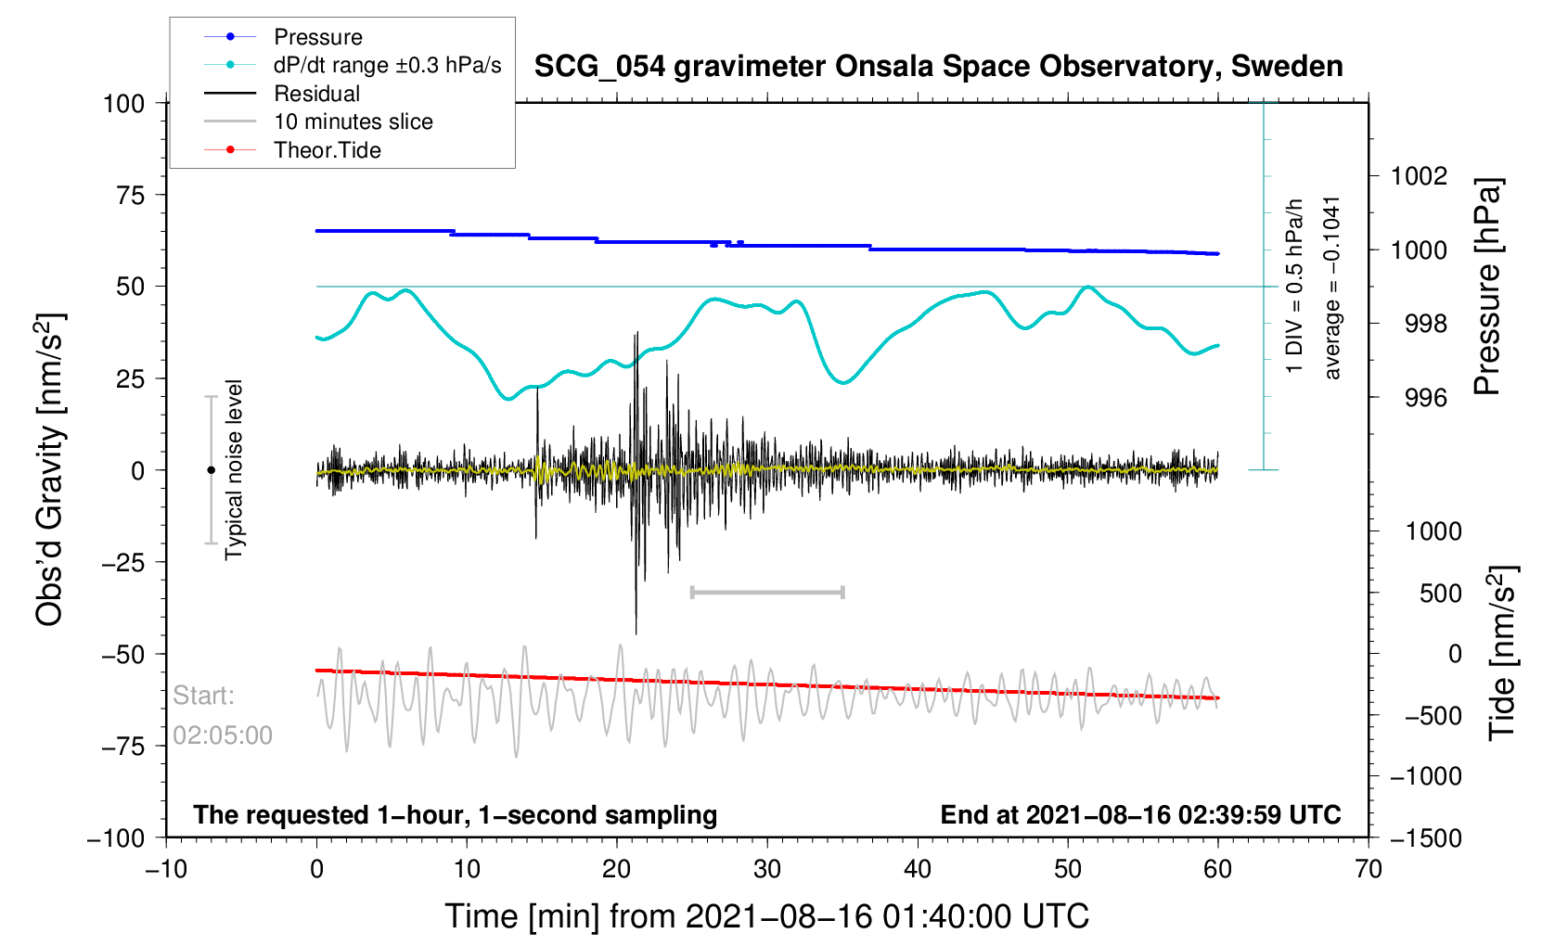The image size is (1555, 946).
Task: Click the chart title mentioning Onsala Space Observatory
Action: [938, 67]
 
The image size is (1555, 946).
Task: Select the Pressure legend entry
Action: [317, 37]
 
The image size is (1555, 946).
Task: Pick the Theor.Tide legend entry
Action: [327, 150]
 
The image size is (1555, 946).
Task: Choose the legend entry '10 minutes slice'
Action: [353, 121]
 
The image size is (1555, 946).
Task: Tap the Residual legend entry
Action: [316, 94]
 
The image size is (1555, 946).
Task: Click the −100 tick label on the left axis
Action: [116, 838]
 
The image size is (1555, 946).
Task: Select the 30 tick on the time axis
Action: [767, 869]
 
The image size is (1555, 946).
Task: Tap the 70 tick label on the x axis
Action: [1368, 869]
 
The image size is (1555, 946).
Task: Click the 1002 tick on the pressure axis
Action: [1419, 176]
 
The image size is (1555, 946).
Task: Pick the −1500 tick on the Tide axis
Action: [1425, 838]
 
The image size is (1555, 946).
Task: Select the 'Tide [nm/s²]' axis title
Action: [1501, 653]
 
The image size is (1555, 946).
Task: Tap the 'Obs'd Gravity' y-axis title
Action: [48, 469]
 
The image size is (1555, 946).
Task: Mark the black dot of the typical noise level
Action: [211, 470]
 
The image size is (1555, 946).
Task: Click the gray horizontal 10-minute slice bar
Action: [767, 592]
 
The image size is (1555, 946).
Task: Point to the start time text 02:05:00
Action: [223, 735]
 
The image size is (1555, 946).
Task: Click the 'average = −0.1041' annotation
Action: [1332, 288]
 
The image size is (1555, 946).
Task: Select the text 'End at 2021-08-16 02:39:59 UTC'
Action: [1140, 815]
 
